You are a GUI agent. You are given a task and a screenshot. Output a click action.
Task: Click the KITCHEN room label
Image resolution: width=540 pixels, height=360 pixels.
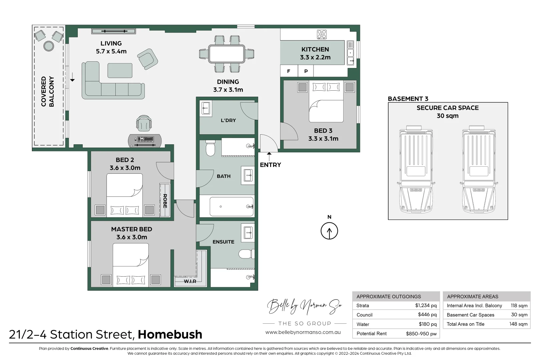coord(315,49)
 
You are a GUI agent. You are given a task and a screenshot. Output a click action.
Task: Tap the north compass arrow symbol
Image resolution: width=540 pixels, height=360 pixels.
coord(329,231)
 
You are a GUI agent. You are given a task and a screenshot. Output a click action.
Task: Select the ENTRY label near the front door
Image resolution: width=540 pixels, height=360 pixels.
coord(270,165)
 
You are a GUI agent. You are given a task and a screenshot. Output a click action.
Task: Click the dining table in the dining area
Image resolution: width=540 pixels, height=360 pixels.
coord(226,54)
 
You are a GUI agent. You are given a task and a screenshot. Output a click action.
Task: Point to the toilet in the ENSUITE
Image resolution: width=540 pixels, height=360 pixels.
coord(246,254)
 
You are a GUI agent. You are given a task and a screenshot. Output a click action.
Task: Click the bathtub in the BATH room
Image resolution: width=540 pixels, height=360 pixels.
coord(231,207)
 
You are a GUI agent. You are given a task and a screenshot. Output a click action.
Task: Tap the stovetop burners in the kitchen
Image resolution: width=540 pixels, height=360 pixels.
coord(322,34)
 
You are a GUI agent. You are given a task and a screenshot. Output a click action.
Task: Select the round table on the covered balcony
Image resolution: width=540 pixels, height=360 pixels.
coord(49,46)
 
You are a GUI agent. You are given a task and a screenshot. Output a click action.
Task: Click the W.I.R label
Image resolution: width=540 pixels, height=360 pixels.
coord(190,281)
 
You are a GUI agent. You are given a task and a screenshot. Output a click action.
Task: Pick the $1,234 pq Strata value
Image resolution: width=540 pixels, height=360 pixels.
coord(426,305)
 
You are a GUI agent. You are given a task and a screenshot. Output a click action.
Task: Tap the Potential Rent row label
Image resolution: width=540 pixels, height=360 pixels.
coord(371,333)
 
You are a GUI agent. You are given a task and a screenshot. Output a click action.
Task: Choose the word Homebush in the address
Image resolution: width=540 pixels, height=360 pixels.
coord(170,334)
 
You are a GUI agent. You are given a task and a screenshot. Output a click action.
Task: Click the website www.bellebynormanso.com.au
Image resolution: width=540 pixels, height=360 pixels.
coord(303,332)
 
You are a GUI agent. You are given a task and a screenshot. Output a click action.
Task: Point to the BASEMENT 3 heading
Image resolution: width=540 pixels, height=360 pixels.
coord(408,99)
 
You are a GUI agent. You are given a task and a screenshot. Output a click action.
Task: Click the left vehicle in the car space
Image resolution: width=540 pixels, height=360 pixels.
coord(416,169)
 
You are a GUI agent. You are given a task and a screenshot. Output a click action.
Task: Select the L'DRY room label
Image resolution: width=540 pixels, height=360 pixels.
coord(228,120)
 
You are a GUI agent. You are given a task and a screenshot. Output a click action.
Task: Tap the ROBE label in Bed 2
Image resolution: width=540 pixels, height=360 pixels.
coord(165,201)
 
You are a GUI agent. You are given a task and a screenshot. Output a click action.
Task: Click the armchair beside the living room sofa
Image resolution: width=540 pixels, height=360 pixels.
coord(147,59)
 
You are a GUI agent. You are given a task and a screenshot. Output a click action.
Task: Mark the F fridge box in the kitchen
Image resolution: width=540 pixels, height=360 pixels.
coord(289,71)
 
